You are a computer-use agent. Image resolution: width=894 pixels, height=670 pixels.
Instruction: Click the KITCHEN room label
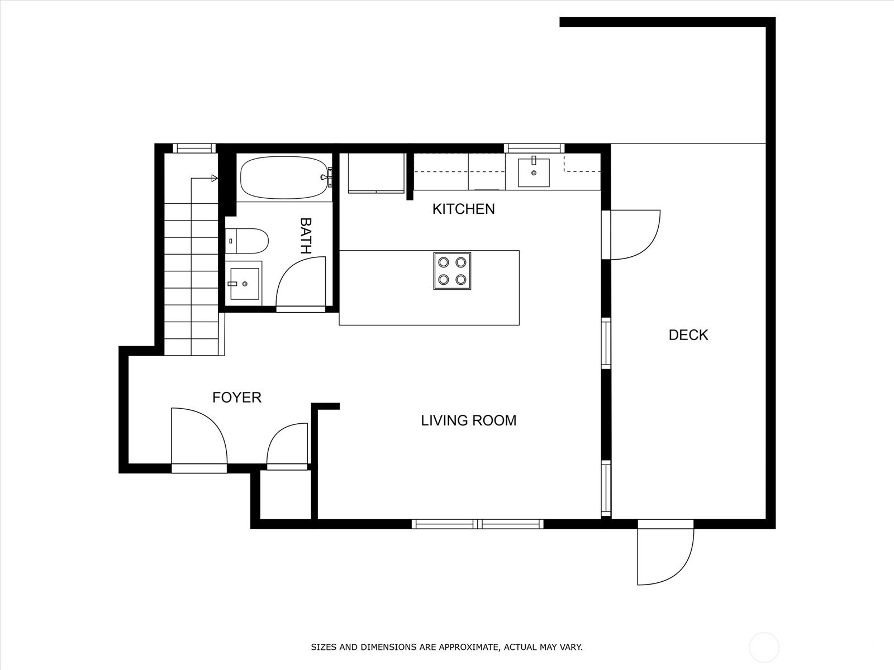coord(464,209)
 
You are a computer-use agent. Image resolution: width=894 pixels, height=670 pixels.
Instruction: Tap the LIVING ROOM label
coord(469,420)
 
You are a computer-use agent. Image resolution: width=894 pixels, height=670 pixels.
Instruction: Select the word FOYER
coord(237,398)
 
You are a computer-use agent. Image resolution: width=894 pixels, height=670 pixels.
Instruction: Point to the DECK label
coord(688,335)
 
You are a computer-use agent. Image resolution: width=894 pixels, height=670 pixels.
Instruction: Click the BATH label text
coord(306,236)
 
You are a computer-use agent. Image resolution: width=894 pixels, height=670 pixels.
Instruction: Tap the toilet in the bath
coord(247,241)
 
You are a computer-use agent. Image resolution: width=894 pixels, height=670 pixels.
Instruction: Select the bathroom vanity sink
coord(244,284)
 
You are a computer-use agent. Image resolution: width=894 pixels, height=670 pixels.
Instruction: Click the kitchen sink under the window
coord(534,173)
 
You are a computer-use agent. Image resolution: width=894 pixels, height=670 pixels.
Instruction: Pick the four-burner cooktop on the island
coord(452,271)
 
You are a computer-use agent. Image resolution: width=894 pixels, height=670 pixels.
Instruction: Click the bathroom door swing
coord(301,284)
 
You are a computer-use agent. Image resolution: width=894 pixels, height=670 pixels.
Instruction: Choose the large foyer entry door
coord(199,440)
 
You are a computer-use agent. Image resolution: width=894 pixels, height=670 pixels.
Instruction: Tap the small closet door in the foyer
coord(287,446)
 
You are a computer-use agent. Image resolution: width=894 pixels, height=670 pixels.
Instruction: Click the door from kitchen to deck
coord(631,234)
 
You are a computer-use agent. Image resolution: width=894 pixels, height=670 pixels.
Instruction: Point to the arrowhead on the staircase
coord(215,178)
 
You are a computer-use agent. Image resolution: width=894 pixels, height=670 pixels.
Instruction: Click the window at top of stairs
coord(194,148)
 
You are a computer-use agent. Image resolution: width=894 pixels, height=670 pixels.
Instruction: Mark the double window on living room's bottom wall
coord(477,524)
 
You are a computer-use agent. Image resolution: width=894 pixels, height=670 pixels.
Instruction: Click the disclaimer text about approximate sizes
coord(447,647)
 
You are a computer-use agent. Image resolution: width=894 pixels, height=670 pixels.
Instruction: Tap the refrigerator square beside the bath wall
coord(376,173)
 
